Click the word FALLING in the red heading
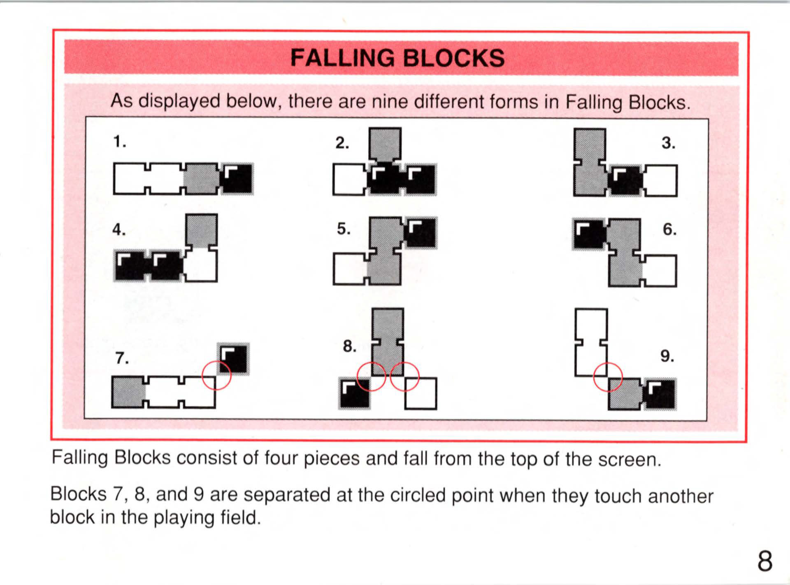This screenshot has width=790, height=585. tap(342, 58)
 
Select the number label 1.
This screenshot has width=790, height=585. tap(119, 142)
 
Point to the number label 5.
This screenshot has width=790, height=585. tap(344, 229)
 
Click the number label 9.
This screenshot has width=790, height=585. tap(667, 356)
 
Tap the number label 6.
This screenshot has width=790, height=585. tap(669, 229)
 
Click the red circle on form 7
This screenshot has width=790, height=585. tap(217, 375)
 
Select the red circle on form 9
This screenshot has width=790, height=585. tap(608, 377)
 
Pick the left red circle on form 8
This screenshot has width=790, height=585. tap(371, 377)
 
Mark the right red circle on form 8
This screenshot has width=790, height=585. tap(404, 377)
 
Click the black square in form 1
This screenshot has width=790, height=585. tap(238, 179)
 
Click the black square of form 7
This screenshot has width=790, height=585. tap(233, 359)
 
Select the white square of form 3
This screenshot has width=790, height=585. tap(661, 180)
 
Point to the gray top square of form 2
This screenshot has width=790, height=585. tap(385, 144)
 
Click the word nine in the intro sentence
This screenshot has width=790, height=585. tap(390, 101)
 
